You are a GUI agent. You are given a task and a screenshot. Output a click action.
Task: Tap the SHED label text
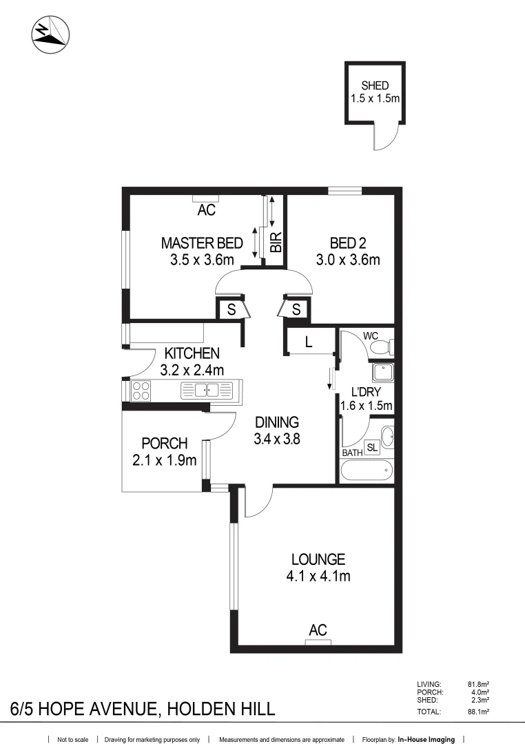pos(375,86)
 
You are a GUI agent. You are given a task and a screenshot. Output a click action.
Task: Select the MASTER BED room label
pos(202,243)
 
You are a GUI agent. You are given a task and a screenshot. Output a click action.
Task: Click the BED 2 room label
pos(348,243)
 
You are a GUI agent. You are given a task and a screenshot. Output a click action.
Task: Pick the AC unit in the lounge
pos(318,642)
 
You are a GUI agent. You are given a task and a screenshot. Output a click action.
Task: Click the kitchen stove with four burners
pos(141,391)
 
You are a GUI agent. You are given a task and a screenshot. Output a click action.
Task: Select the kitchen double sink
pos(207,391)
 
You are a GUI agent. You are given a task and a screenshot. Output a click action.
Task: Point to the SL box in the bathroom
pos(372,447)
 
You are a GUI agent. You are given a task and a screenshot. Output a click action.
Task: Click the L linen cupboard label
pos(308,342)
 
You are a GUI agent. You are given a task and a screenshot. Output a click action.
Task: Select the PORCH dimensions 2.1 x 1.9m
pos(165,459)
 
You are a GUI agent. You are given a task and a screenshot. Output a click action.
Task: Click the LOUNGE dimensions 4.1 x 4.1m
pos(318,576)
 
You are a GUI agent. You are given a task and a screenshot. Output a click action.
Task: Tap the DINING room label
pos(277,422)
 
